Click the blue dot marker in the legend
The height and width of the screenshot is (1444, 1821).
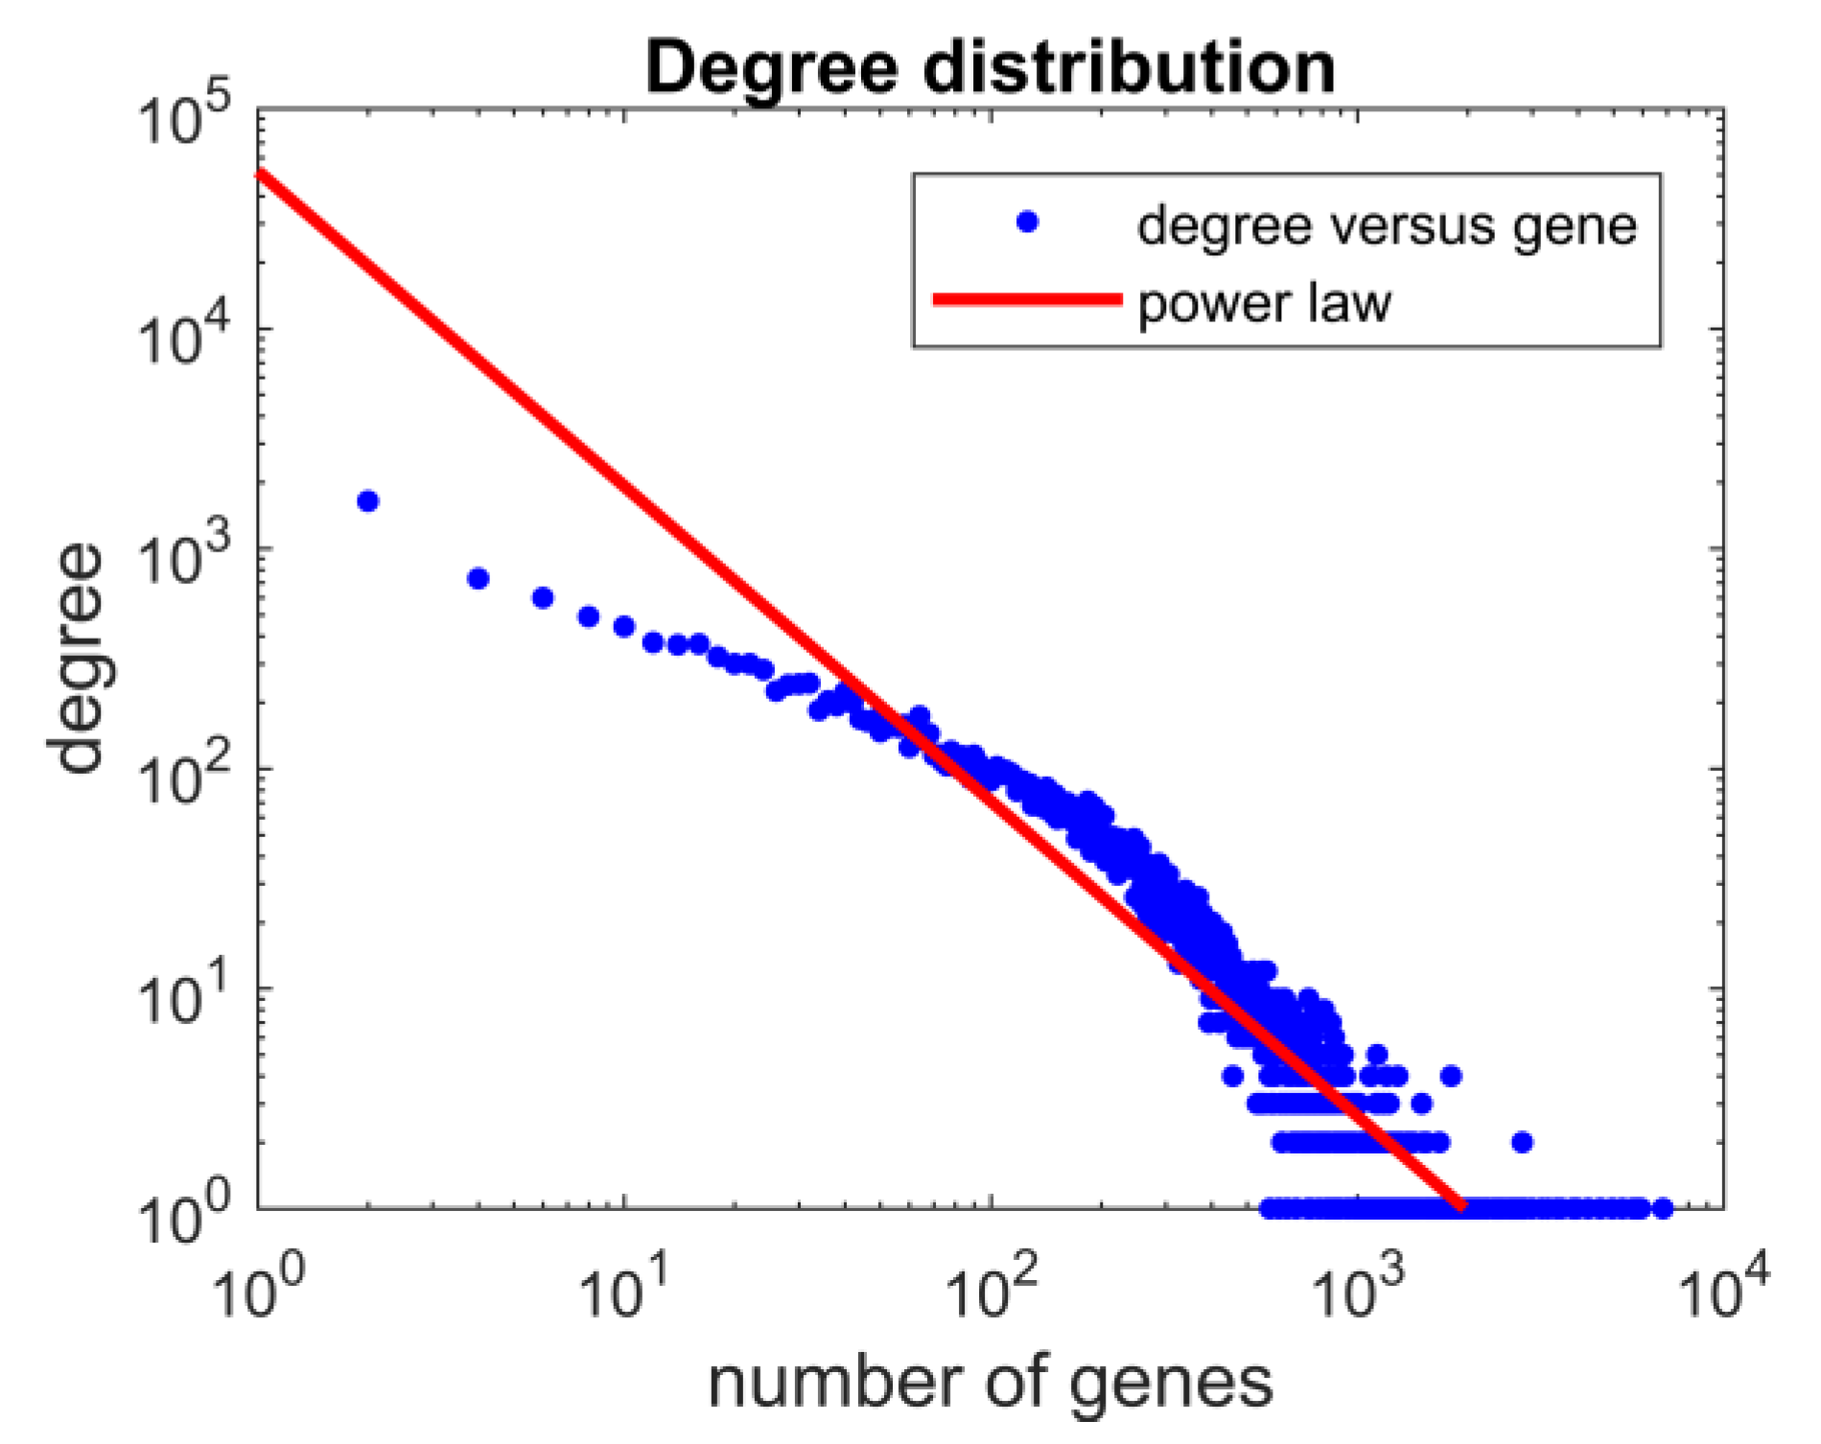[1027, 222]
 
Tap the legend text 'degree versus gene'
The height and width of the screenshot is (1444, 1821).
[1387, 226]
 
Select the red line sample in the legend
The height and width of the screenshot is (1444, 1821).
[1027, 300]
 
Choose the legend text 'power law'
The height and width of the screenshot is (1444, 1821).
[1263, 304]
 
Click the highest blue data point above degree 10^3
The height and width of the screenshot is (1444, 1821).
[367, 501]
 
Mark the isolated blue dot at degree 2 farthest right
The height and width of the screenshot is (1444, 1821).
[1522, 1142]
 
